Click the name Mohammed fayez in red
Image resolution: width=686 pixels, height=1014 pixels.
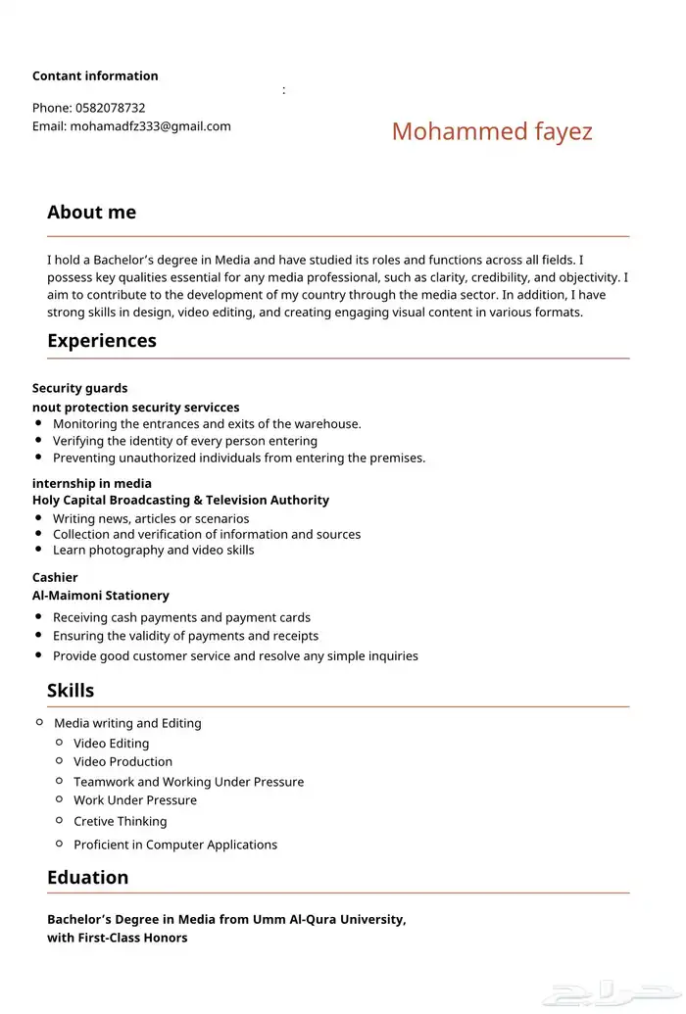click(492, 131)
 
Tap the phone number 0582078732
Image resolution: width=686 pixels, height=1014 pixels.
click(110, 108)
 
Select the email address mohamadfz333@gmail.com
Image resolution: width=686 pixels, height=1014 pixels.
click(150, 126)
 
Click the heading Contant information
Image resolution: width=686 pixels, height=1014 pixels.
click(95, 76)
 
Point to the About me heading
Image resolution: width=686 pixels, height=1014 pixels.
click(91, 213)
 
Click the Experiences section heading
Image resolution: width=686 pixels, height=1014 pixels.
click(102, 341)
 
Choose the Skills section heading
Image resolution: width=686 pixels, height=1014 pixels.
click(71, 691)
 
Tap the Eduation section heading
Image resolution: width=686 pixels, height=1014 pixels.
click(87, 878)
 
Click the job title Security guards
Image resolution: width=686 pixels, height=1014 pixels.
click(79, 388)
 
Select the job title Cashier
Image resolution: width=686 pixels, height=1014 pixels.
click(55, 577)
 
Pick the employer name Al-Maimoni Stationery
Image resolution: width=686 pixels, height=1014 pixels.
click(100, 596)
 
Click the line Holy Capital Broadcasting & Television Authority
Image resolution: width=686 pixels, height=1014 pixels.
click(180, 500)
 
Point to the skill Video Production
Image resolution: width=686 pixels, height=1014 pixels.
click(122, 761)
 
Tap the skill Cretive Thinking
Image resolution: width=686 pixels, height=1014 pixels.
click(120, 821)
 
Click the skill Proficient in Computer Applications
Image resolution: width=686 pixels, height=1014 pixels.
click(175, 845)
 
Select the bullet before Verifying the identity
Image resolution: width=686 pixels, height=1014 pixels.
click(38, 441)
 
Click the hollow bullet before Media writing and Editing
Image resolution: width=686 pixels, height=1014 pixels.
click(39, 722)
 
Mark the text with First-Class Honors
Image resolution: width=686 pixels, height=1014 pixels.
click(118, 938)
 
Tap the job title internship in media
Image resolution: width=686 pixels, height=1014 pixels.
click(92, 483)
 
